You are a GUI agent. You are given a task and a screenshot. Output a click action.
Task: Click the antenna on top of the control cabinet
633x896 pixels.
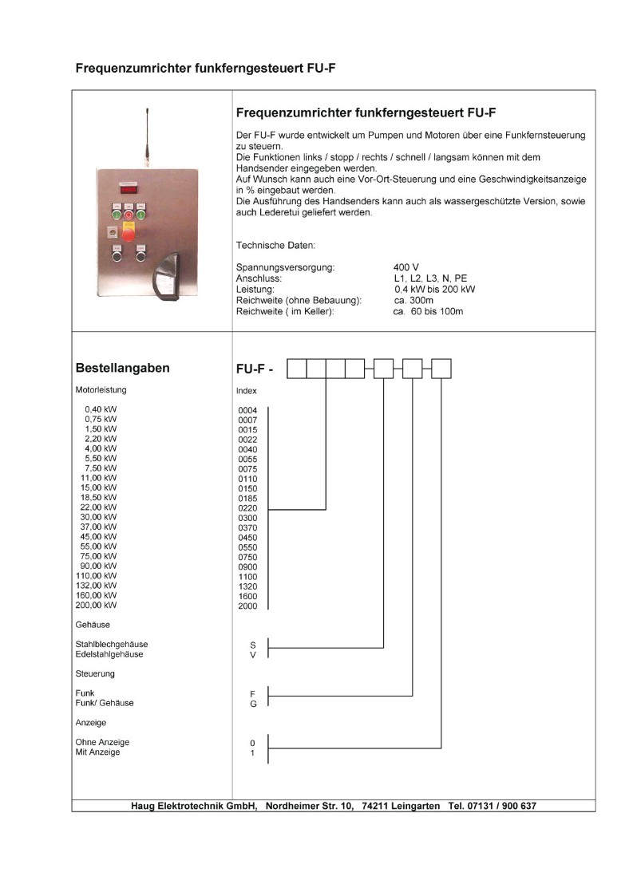[x=148, y=136]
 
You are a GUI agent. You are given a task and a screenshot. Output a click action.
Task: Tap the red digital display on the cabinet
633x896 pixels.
[x=129, y=190]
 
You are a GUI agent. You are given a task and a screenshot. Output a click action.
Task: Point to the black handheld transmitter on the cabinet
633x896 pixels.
[x=170, y=276]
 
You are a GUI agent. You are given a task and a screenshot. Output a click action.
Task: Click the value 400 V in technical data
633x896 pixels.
[x=406, y=266]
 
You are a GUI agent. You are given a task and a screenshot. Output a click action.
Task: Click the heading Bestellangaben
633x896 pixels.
[x=121, y=369]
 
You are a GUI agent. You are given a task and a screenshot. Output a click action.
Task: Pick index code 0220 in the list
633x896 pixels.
[x=247, y=507]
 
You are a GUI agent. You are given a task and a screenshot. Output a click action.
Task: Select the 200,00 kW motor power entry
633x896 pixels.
[x=95, y=606]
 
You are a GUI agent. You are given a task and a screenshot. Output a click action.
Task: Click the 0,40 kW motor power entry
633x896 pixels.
[x=101, y=409]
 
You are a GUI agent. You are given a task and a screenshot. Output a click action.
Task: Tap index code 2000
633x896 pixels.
[x=247, y=606]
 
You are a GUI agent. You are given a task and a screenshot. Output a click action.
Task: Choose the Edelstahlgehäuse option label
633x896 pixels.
[x=109, y=654]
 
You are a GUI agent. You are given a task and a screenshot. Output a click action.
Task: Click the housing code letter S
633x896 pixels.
[x=253, y=644]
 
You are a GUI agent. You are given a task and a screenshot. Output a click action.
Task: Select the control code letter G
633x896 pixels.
[x=253, y=704]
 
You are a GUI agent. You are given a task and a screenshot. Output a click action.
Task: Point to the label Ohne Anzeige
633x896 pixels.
[x=102, y=743]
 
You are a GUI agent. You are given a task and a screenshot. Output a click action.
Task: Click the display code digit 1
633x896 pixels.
[x=253, y=753]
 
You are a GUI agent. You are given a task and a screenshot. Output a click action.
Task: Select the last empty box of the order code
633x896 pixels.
[x=441, y=369]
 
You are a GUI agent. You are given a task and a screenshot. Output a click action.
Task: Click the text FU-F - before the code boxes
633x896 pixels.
[x=257, y=369]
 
